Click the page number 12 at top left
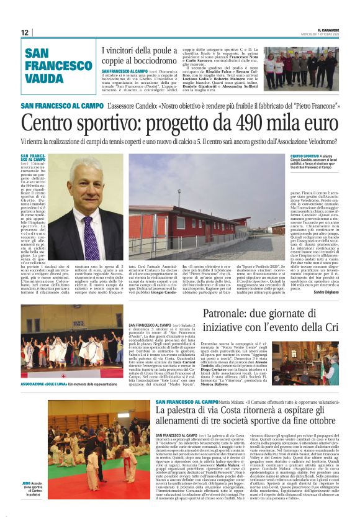coord(25,32)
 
